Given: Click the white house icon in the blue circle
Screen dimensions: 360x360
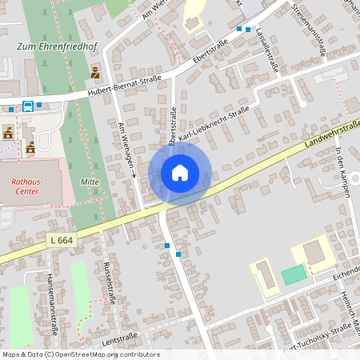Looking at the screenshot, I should coord(179,173).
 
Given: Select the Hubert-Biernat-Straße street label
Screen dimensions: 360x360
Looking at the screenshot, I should coord(125,86).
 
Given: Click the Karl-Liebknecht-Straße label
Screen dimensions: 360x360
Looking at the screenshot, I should coord(214,125).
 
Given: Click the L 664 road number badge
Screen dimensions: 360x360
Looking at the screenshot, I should coord(61,239).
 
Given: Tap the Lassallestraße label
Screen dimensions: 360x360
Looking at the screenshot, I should coord(266,51).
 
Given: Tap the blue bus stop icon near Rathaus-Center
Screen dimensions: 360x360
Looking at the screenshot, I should coord(28,105).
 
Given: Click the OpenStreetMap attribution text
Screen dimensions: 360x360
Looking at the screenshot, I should coord(81,354).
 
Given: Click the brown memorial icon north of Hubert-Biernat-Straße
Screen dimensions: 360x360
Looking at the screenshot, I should coord(96,73).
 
